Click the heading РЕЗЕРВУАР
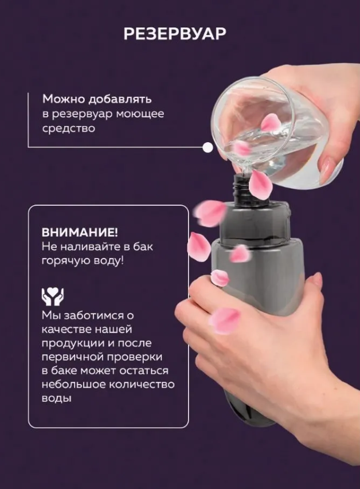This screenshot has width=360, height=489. [175, 34]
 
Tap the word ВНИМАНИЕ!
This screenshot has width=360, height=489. [80, 232]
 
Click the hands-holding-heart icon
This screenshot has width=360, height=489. [53, 296]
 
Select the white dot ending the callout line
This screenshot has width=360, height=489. [208, 147]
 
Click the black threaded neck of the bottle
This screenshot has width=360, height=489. [241, 188]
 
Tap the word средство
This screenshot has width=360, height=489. [69, 128]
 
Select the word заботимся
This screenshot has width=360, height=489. [93, 315]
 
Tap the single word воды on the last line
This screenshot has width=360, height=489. [56, 398]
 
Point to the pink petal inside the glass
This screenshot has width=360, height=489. [269, 122]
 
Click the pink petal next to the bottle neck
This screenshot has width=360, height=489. [260, 185]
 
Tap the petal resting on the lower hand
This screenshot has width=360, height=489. [225, 320]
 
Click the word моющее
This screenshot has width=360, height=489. [140, 114]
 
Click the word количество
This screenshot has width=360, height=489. [142, 384]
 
